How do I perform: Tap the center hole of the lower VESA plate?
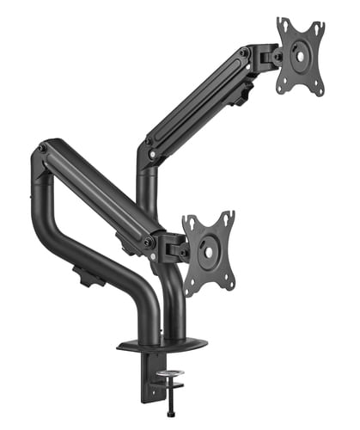(x=207, y=250)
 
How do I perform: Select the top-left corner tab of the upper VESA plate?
(x=281, y=23)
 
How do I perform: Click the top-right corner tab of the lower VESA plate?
(x=229, y=216)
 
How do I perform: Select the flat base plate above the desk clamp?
(x=163, y=343)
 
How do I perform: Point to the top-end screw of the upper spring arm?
(x=246, y=52)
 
